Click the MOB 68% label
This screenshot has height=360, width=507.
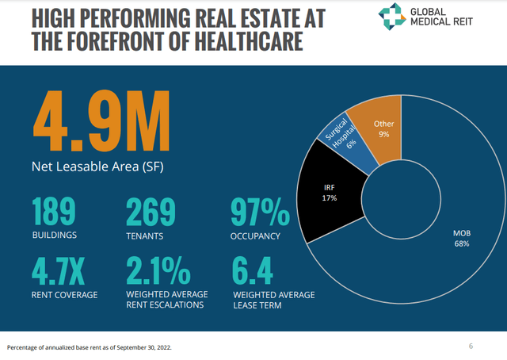coord(461,239)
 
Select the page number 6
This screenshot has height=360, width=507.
coord(471,346)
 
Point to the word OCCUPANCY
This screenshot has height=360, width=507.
coord(254,236)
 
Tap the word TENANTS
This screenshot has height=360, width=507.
coord(146,236)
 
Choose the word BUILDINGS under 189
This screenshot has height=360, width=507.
coord(55,236)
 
